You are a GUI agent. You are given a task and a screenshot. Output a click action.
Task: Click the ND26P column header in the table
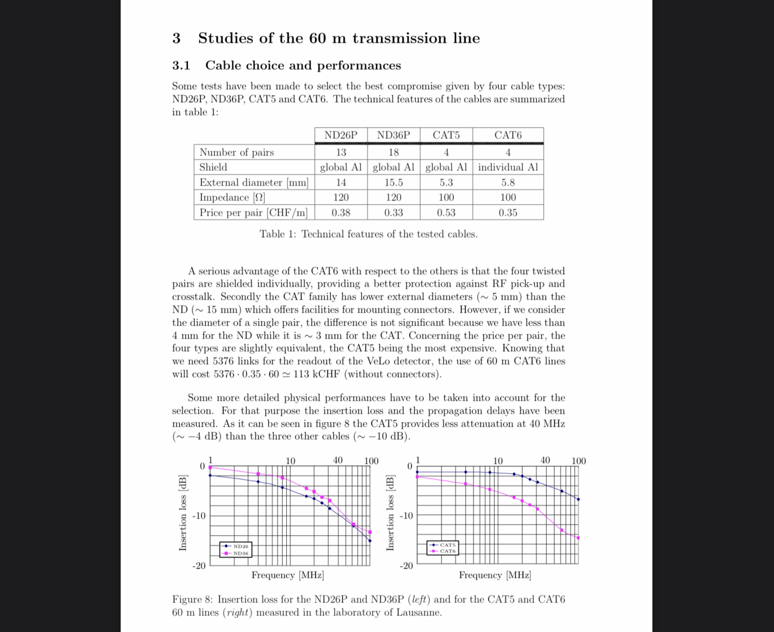[341, 135]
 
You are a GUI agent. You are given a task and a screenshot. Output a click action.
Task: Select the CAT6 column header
[508, 135]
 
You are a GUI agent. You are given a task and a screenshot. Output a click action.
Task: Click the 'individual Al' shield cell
[508, 167]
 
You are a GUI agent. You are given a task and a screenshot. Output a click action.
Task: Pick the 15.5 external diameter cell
[393, 183]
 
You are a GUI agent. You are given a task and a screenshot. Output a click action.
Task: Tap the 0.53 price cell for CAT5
[446, 212]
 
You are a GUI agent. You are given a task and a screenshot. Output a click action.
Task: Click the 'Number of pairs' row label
[237, 152]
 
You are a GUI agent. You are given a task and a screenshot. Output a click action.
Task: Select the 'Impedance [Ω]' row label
[232, 198]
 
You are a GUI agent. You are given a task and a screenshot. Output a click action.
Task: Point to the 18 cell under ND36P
[393, 152]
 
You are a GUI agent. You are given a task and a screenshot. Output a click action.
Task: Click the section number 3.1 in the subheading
[181, 66]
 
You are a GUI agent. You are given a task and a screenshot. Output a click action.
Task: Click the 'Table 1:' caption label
[278, 234]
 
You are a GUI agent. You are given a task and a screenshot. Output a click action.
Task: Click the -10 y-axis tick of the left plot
[199, 516]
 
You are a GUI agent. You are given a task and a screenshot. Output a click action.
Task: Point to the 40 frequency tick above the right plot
[545, 461]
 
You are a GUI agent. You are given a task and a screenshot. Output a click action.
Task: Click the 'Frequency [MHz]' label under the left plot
[287, 575]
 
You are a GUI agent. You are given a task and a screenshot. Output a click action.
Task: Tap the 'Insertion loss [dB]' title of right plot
[390, 513]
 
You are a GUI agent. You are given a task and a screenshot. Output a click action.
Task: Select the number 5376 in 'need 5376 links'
[222, 361]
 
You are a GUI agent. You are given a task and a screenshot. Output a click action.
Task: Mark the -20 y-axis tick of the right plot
[406, 566]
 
